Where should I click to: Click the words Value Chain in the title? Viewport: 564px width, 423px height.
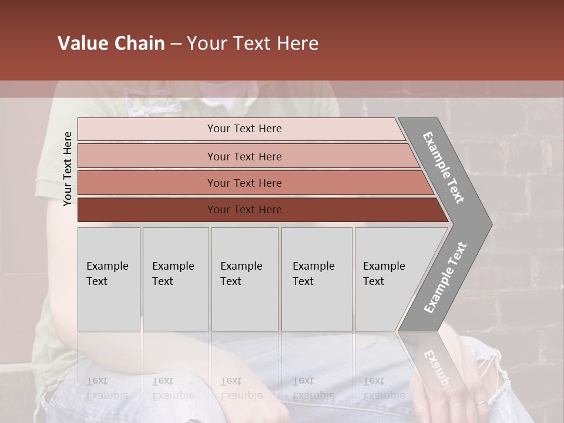tap(111, 43)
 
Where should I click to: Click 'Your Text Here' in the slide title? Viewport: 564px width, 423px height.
tap(253, 43)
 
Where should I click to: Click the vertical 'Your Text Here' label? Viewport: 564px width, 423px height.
tap(68, 169)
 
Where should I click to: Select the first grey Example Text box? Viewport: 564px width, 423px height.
tap(109, 279)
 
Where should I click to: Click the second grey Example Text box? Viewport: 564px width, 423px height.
tap(175, 279)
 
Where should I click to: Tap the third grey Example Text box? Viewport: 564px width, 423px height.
tap(244, 279)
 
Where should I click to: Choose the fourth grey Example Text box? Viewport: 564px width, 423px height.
tap(316, 279)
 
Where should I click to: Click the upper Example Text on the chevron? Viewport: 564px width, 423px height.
tap(444, 167)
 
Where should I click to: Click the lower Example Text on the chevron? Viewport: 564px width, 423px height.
tap(445, 278)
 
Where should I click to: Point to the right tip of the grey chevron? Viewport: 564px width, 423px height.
tap(491, 224)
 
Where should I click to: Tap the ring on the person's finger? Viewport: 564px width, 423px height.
tap(481, 403)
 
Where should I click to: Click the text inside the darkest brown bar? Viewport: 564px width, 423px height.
tap(244, 210)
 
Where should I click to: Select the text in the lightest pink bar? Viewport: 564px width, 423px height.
tap(244, 129)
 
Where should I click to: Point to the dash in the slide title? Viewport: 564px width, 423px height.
tap(176, 44)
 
